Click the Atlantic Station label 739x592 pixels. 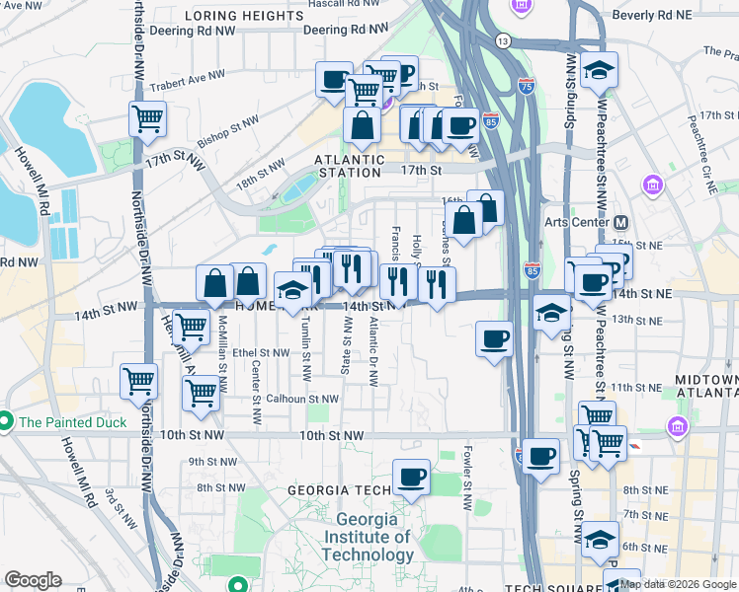pyautogui.click(x=349, y=160)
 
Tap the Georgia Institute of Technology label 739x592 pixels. pyautogui.click(x=373, y=537)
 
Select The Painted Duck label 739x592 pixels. pyautogui.click(x=72, y=422)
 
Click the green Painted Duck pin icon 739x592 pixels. pyautogui.click(x=5, y=422)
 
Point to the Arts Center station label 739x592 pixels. pyautogui.click(x=578, y=222)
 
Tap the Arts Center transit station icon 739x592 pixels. pyautogui.click(x=621, y=222)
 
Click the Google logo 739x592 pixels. pyautogui.click(x=33, y=580)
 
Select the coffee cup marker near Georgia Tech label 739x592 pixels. pyautogui.click(x=411, y=478)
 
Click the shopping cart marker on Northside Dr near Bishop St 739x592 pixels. pyautogui.click(x=147, y=119)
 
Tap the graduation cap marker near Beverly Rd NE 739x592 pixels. pyautogui.click(x=599, y=70)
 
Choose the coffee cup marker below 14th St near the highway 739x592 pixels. pyautogui.click(x=494, y=339)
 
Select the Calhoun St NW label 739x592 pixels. pyautogui.click(x=303, y=399)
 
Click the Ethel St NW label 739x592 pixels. pyautogui.click(x=259, y=351)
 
